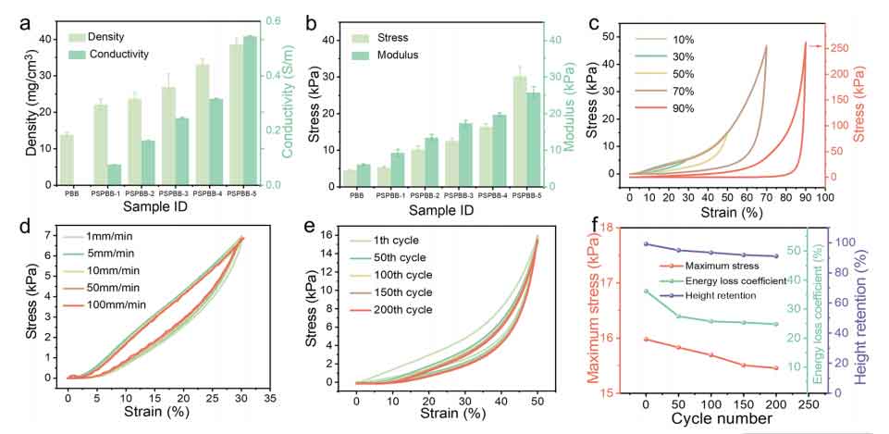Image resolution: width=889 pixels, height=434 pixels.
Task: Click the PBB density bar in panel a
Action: point(67,159)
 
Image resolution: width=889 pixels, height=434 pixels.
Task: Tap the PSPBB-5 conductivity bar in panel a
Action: point(250,110)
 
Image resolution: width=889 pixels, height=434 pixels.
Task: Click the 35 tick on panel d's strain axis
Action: point(269,396)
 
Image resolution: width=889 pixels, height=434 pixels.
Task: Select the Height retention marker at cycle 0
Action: point(646,244)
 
